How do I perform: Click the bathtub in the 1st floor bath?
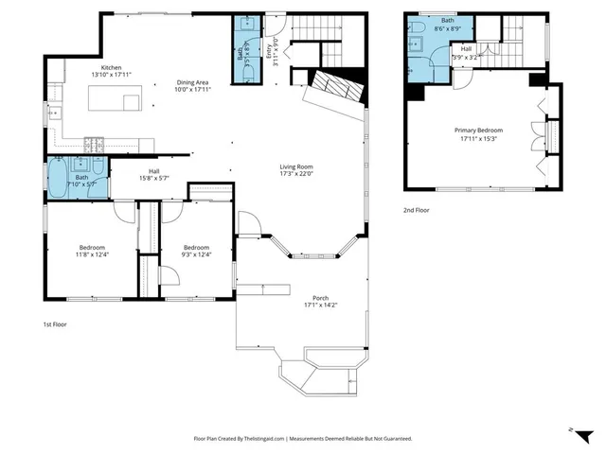[58, 180]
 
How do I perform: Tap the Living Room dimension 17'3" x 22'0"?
[298, 173]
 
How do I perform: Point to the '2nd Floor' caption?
[416, 210]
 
